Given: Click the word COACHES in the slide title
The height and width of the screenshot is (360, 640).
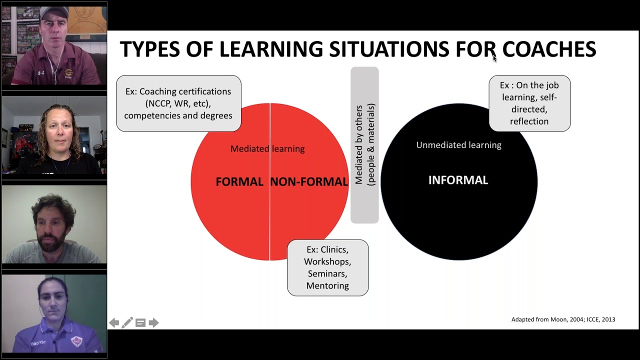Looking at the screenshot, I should pyautogui.click(x=549, y=49).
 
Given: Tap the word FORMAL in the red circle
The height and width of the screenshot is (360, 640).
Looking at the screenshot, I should pyautogui.click(x=239, y=182).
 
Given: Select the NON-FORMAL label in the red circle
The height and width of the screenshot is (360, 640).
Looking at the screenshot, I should pyautogui.click(x=309, y=182).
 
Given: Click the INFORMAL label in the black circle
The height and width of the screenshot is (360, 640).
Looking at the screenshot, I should pyautogui.click(x=458, y=180).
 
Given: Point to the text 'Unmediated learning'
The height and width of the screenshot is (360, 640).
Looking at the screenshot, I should pyautogui.click(x=458, y=145).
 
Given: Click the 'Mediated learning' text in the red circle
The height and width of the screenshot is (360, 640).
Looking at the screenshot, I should pyautogui.click(x=267, y=148).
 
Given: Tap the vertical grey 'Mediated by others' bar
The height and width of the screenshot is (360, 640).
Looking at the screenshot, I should pyautogui.click(x=364, y=145).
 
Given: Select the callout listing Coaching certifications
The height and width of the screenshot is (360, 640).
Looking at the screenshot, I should pyautogui.click(x=178, y=103).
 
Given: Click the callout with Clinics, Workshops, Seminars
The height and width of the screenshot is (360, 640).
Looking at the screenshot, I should pyautogui.click(x=327, y=267).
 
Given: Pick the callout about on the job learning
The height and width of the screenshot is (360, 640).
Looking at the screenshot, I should pyautogui.click(x=529, y=103).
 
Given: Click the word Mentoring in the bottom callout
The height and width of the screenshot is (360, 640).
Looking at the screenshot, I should pyautogui.click(x=327, y=285).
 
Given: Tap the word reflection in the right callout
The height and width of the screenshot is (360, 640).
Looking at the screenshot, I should pyautogui.click(x=529, y=121).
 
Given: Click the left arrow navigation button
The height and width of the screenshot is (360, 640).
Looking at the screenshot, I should pyautogui.click(x=114, y=323).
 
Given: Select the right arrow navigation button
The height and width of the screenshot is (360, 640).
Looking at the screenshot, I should pyautogui.click(x=153, y=323).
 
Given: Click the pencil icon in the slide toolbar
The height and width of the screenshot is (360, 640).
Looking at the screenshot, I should pyautogui.click(x=127, y=323).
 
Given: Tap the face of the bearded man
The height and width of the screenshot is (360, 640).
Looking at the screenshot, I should pyautogui.click(x=52, y=230).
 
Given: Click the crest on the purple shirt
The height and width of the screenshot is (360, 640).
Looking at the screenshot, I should pyautogui.click(x=76, y=341).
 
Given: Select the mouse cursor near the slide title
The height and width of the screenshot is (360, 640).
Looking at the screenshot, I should pyautogui.click(x=494, y=57).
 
